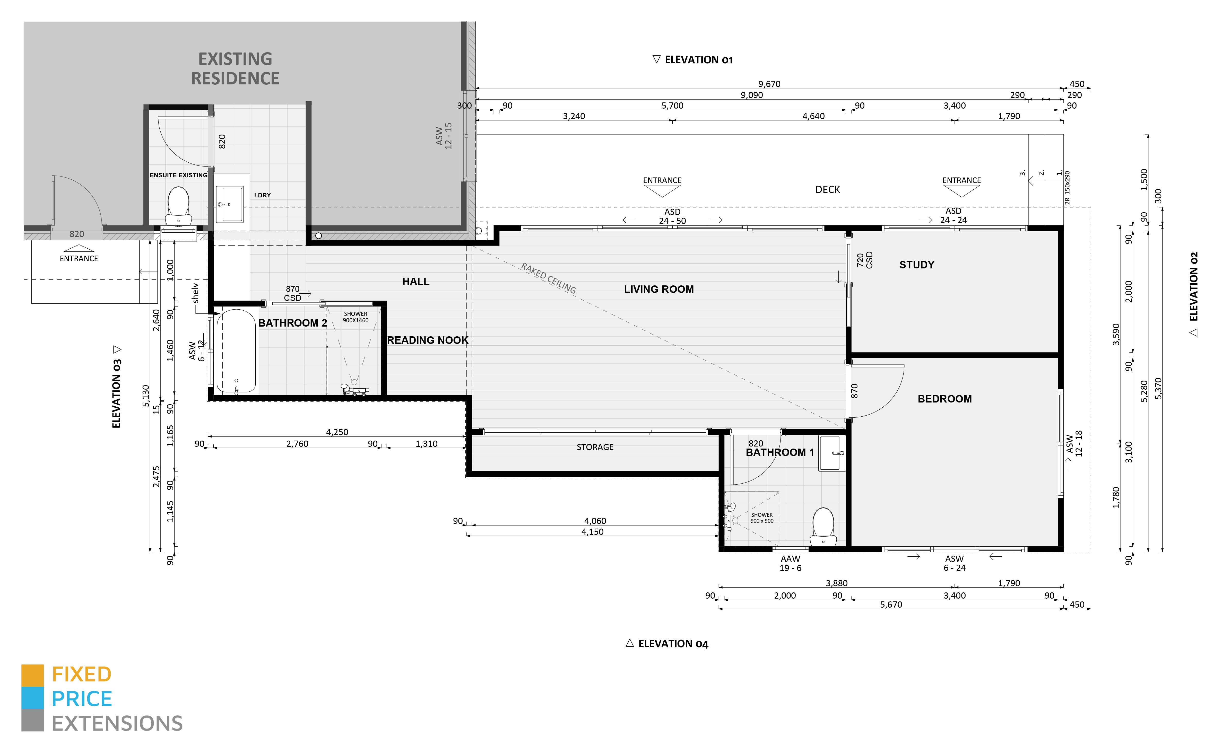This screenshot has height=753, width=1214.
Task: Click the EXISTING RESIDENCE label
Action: tap(235, 69)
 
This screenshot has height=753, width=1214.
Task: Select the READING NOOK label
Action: tap(427, 340)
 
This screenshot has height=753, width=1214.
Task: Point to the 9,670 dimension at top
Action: tap(769, 84)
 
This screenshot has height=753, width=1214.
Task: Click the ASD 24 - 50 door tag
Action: tap(672, 216)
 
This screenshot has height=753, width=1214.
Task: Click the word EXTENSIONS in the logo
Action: tap(117, 723)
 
